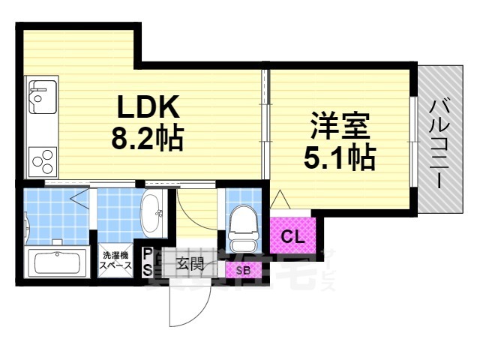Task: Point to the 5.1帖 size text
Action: (x=339, y=157)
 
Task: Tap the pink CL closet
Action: (x=292, y=236)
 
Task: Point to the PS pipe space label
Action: (x=148, y=261)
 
